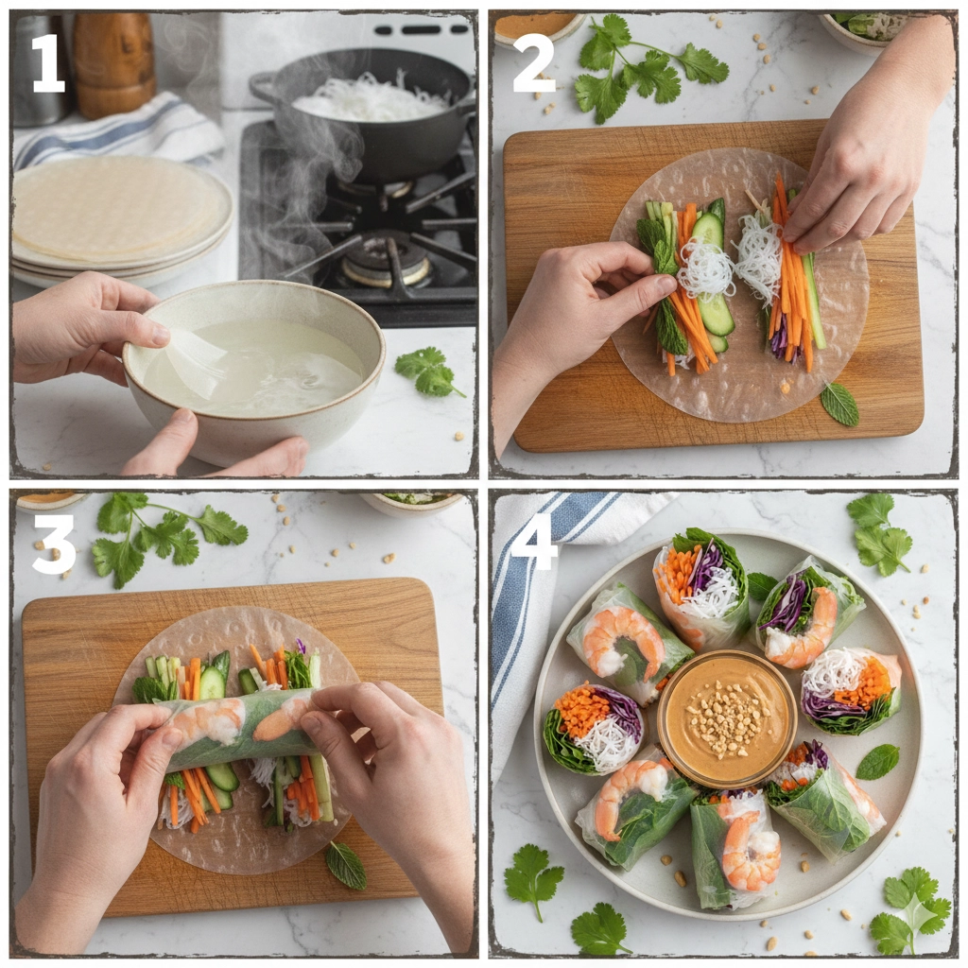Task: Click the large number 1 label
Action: tap(48, 63)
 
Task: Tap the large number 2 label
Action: tap(535, 63)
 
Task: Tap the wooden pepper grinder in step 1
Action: tap(113, 61)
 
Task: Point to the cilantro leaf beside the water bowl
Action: tap(428, 372)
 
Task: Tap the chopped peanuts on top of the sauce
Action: tap(725, 717)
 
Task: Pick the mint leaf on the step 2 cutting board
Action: tap(840, 404)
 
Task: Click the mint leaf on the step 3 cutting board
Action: tap(346, 864)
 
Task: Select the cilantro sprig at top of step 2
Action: tap(648, 68)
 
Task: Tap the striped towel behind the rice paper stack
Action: tap(124, 132)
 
